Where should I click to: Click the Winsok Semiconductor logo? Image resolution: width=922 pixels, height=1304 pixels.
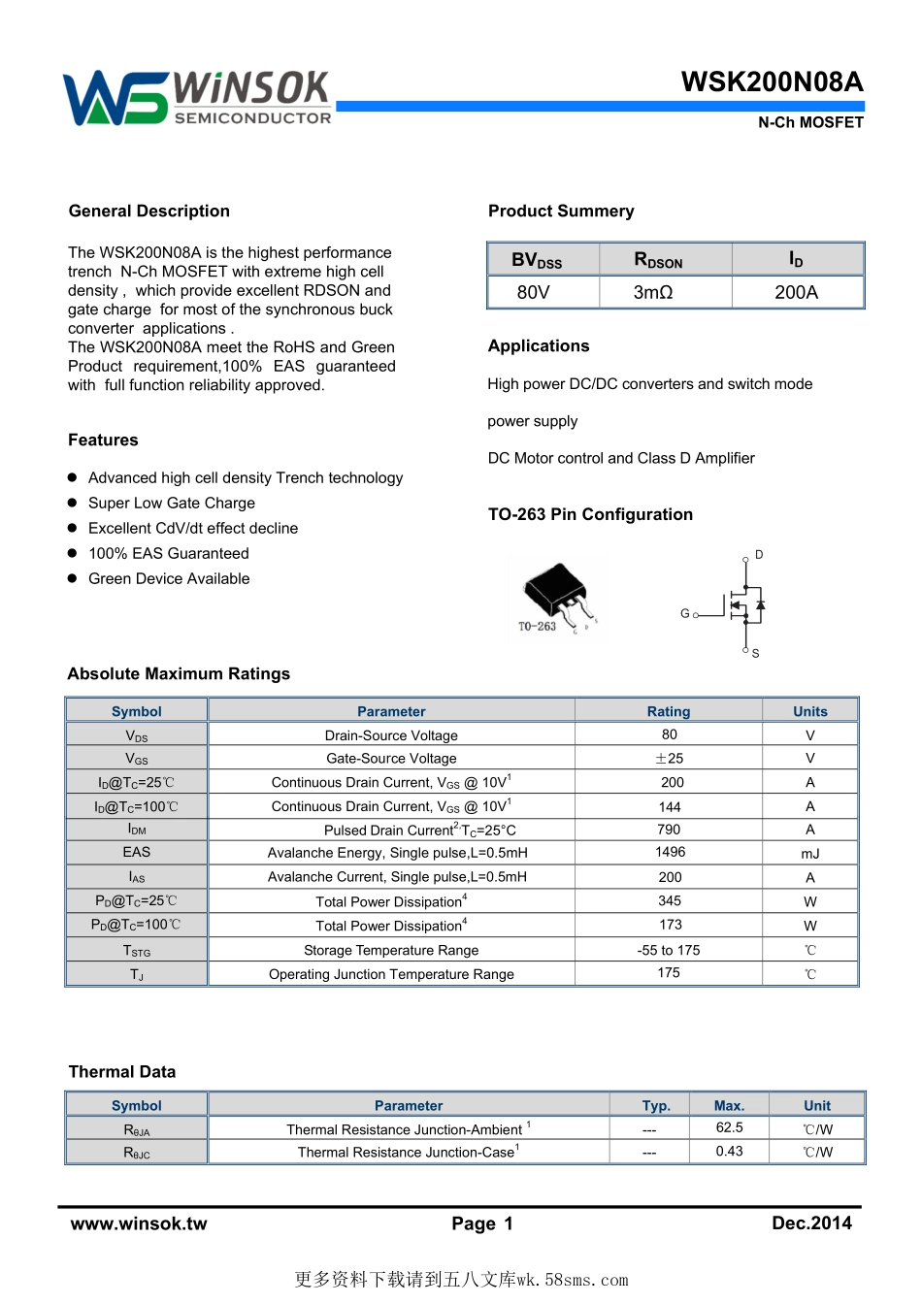(x=197, y=98)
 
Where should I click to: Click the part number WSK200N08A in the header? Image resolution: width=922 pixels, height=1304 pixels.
(x=772, y=81)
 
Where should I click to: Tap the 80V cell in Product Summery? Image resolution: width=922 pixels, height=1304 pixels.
(x=533, y=292)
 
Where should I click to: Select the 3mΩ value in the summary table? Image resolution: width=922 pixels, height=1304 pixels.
(x=653, y=292)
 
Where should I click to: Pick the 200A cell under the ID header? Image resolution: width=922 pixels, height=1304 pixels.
(x=796, y=292)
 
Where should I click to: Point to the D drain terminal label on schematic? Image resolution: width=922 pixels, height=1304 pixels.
(x=759, y=555)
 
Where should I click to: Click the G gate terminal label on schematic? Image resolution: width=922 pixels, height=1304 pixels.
(x=685, y=613)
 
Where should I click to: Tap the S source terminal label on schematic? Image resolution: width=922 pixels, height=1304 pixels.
(x=755, y=654)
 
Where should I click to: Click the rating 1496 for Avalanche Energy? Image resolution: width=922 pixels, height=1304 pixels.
(x=670, y=852)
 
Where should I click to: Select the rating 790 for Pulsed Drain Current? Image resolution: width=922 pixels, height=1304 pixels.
(x=669, y=830)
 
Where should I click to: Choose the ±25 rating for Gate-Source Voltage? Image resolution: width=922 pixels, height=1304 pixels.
(x=669, y=759)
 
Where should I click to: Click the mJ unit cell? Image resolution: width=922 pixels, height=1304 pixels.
(x=810, y=854)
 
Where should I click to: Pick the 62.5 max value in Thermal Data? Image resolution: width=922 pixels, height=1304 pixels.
(x=729, y=1127)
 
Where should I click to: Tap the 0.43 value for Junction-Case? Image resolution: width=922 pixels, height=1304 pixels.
(x=729, y=1151)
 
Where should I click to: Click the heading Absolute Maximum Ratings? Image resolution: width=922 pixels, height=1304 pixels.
(x=179, y=673)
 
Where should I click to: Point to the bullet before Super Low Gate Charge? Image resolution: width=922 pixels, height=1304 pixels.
(x=72, y=503)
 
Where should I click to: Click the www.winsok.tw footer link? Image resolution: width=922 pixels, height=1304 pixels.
(x=139, y=1223)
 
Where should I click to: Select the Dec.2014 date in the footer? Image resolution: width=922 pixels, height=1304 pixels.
(x=811, y=1222)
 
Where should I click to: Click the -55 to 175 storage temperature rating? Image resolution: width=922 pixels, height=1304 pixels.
(x=669, y=950)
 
